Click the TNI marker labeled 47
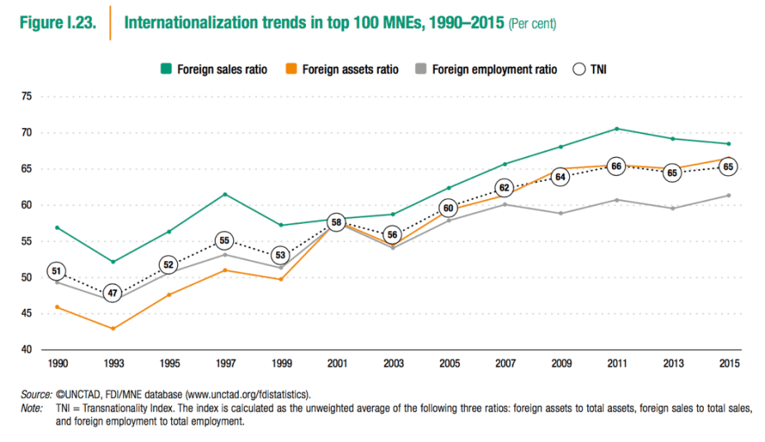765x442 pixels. (112, 292)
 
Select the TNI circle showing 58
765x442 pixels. (336, 222)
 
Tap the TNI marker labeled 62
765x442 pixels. (504, 188)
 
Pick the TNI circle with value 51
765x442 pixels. (56, 271)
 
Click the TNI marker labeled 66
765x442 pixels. (616, 166)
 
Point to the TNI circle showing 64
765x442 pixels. (560, 177)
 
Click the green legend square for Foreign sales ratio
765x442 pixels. (165, 69)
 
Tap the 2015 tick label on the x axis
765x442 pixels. (729, 364)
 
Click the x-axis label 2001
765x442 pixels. (336, 364)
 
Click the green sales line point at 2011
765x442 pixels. (616, 129)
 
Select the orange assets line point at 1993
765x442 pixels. (112, 329)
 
